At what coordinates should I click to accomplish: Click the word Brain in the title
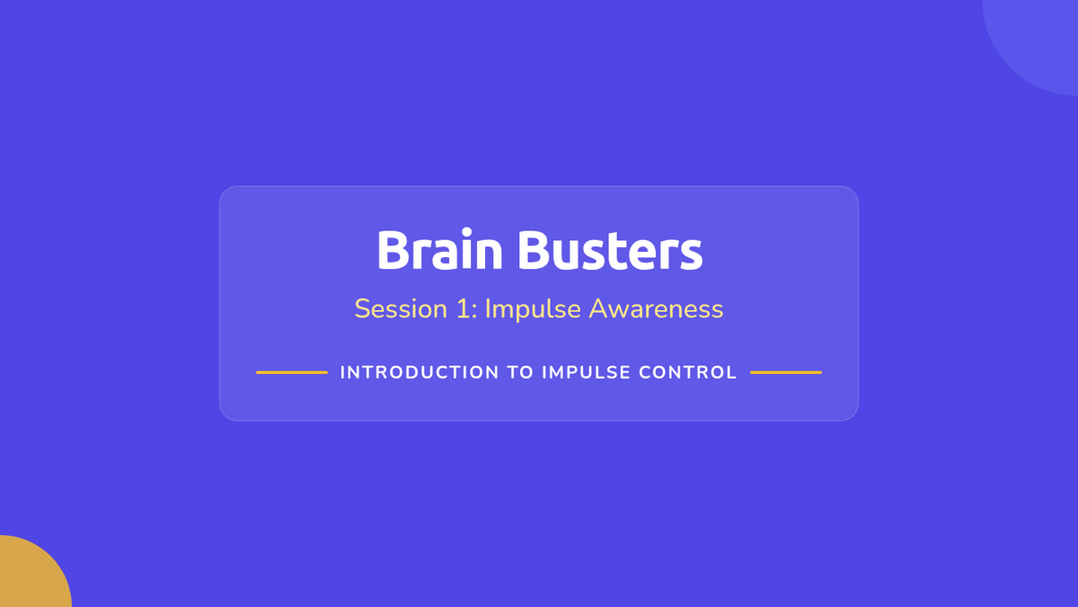pyautogui.click(x=440, y=249)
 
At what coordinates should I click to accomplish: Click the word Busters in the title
pyautogui.click(x=610, y=250)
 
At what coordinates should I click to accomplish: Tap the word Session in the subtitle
pyautogui.click(x=401, y=308)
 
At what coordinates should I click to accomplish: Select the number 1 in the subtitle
pyautogui.click(x=464, y=308)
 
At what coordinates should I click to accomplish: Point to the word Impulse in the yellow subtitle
pyautogui.click(x=533, y=309)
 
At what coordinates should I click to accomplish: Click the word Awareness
pyautogui.click(x=656, y=308)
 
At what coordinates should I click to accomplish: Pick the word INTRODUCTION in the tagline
pyautogui.click(x=420, y=372)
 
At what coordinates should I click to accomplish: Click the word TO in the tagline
pyautogui.click(x=520, y=372)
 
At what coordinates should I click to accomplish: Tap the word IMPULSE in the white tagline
pyautogui.click(x=586, y=372)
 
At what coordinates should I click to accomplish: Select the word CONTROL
pyautogui.click(x=688, y=372)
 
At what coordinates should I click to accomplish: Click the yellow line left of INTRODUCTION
pyautogui.click(x=292, y=372)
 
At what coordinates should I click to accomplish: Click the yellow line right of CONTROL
pyautogui.click(x=786, y=372)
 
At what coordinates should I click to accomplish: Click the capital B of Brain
pyautogui.click(x=393, y=250)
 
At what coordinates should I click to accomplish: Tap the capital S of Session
pyautogui.click(x=362, y=308)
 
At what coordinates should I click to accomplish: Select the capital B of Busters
pyautogui.click(x=535, y=250)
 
